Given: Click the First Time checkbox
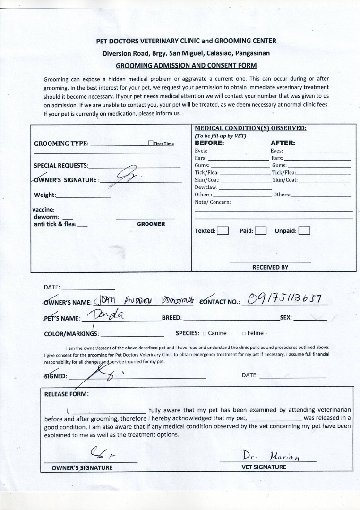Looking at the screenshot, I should pos(150,143).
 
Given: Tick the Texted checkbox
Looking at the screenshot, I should pos(223,231).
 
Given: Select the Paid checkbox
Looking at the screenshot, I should pos(261,231).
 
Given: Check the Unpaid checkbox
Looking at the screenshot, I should pos(305,231).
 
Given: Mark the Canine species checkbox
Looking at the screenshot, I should pos(205,333).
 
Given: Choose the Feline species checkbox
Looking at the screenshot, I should pos(243,333).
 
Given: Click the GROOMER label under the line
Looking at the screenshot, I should pos(151,224).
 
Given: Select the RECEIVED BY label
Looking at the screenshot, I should pos(270,267).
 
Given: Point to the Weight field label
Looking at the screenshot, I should pos(45,195).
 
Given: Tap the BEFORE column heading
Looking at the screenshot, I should pos(209,143).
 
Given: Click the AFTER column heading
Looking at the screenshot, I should pos(283,143).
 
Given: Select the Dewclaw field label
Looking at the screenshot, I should pos(206,187).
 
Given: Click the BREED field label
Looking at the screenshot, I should pos(172,318).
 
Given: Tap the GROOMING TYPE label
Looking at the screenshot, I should pos(61,144).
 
